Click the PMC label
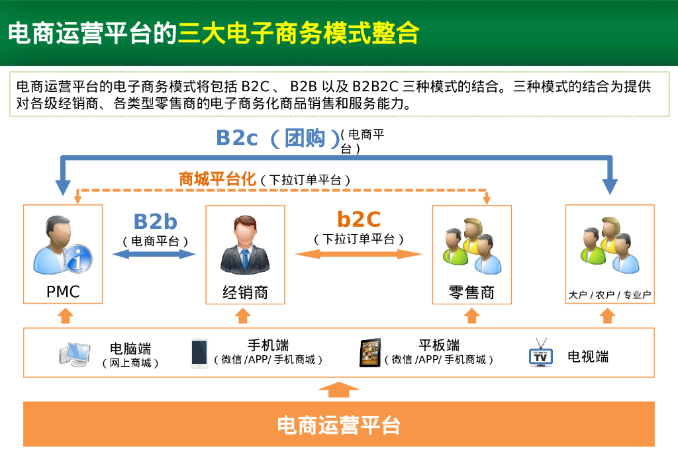coord(63,292)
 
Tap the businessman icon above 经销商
coord(245,245)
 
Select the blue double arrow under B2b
coord(154,254)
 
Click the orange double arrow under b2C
coord(358,254)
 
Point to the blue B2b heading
coord(156,222)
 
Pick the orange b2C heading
coord(359,220)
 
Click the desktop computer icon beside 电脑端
coord(75,354)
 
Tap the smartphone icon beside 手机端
coord(199,353)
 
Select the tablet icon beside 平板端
coord(370,353)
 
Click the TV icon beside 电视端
coord(541,353)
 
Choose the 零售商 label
coord(471,292)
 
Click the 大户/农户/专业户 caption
coord(610,295)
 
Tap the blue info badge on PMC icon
coord(78,259)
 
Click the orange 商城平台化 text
coord(217,179)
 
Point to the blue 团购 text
coord(305,138)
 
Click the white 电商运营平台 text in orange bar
coord(338,425)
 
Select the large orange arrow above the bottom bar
coord(338,390)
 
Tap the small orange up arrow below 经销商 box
coord(243,316)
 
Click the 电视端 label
coord(588,357)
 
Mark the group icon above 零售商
coord(471,246)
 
